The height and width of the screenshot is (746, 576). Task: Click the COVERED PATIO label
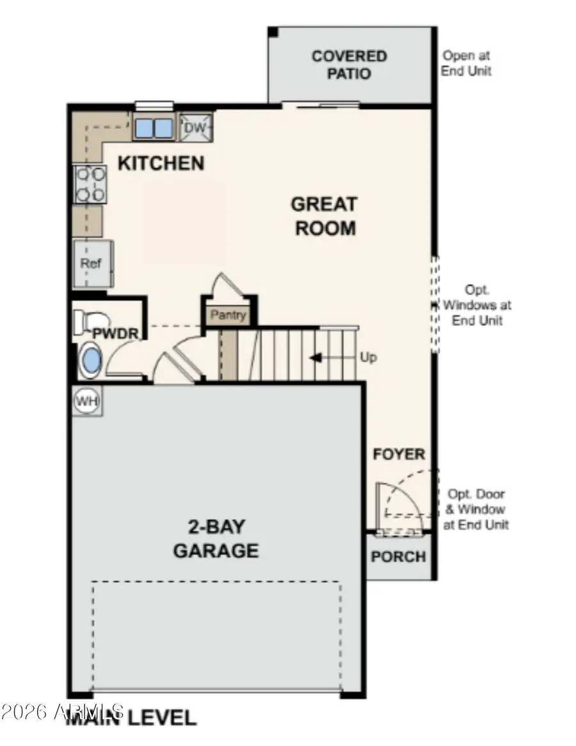(349, 65)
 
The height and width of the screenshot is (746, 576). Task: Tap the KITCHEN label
(161, 163)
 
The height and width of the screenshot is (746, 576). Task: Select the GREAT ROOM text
(324, 216)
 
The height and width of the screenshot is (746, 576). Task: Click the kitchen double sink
(154, 128)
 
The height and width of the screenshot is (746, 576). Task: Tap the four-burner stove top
(90, 184)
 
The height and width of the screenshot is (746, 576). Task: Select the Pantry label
(228, 315)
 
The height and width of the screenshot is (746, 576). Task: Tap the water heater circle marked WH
(87, 401)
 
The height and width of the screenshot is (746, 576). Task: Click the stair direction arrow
(316, 357)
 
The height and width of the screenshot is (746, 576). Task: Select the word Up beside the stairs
(368, 357)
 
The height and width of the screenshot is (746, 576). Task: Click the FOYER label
(399, 455)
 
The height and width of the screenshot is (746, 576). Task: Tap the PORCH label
(398, 556)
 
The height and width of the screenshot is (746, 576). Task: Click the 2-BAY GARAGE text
(216, 539)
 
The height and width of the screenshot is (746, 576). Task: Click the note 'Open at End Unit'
(467, 64)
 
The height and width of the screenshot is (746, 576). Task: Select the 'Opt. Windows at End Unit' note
(477, 305)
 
